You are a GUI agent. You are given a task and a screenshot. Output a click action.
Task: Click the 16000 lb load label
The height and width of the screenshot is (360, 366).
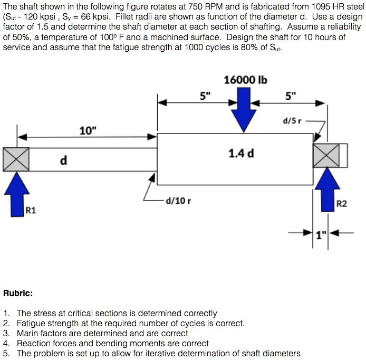coord(245,80)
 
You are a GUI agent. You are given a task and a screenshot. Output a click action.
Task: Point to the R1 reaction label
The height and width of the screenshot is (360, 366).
coord(31,211)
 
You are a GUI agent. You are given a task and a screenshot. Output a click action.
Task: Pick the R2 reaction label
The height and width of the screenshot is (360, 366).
coord(342,203)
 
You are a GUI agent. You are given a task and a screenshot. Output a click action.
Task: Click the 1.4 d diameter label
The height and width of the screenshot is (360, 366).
coord(241,154)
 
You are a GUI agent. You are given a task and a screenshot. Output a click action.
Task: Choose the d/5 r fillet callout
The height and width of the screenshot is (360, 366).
coord(292,120)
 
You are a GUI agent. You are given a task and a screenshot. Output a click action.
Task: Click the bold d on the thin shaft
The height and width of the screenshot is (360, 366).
coord(63,160)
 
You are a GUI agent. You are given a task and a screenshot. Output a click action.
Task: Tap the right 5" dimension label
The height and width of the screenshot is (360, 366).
coord(291,96)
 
